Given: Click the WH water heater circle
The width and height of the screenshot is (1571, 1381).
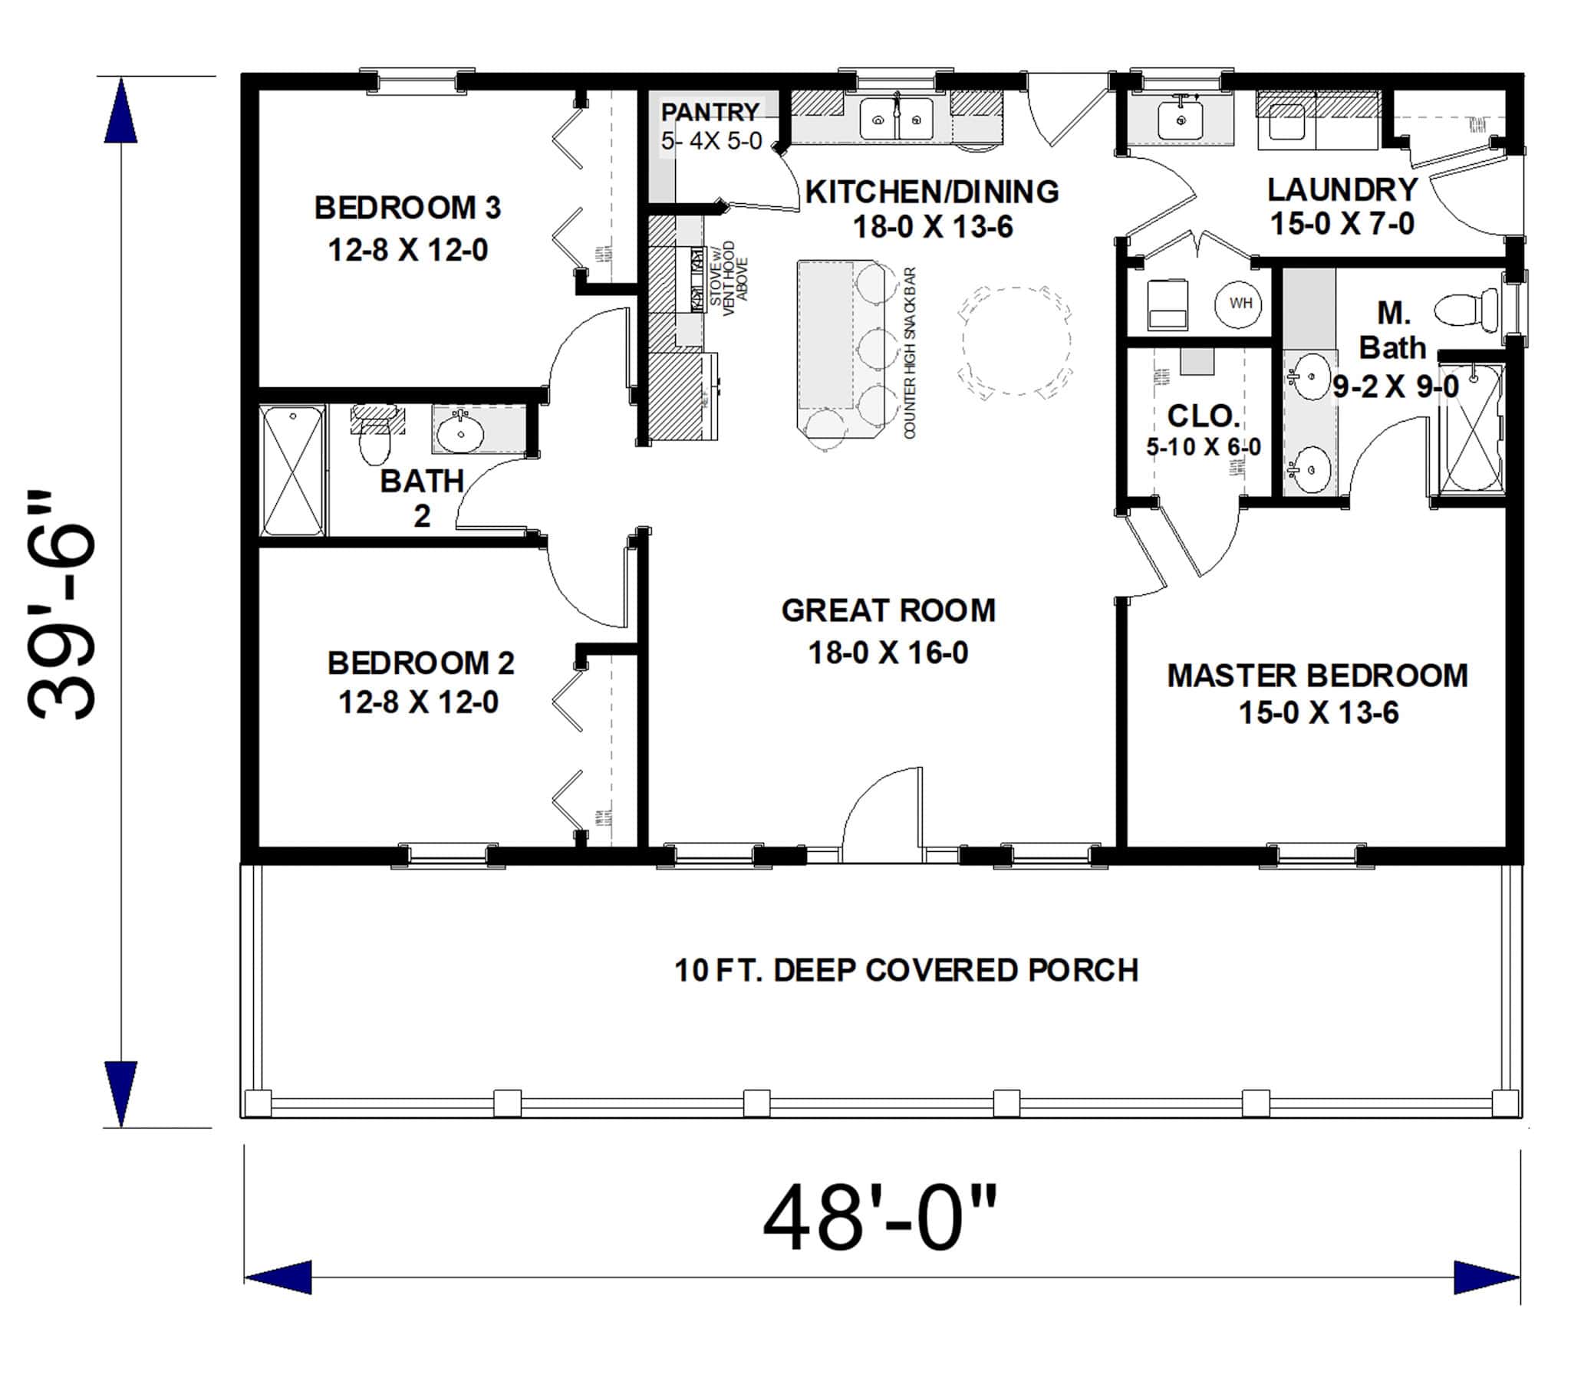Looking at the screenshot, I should coord(1239,304).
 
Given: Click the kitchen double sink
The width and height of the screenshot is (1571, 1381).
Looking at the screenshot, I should coord(896,120).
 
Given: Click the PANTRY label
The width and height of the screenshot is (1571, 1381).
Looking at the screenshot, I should coord(710,112).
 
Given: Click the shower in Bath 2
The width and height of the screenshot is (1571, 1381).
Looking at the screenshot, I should coord(292,470).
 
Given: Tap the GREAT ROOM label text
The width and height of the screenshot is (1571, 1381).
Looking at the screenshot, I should coord(888,610).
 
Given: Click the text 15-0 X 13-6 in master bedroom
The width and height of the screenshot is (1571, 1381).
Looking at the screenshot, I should coord(1318,712).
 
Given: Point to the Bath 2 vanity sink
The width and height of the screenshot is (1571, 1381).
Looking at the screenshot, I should coord(460,432).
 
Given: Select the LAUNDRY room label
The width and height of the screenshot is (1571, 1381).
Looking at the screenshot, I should coord(1342,190).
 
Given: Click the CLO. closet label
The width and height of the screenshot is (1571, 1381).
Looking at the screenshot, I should coord(1203,416).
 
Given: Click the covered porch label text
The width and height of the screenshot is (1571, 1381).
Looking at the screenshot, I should coord(905,971).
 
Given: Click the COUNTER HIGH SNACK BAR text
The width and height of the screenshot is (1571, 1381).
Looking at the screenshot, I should coord(910,353).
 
